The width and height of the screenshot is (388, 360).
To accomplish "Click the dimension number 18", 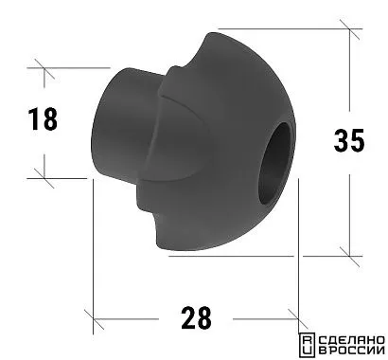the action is click(43, 118).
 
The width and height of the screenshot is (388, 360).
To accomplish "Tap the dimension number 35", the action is click(349, 140).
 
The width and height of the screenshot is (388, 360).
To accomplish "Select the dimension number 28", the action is click(196, 317).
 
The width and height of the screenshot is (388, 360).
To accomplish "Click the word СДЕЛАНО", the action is click(352, 340).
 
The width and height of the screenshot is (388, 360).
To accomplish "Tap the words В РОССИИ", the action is click(352, 351).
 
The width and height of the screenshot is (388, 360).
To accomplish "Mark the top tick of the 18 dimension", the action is click(44, 68).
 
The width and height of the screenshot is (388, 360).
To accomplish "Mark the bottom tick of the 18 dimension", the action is click(44, 178).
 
